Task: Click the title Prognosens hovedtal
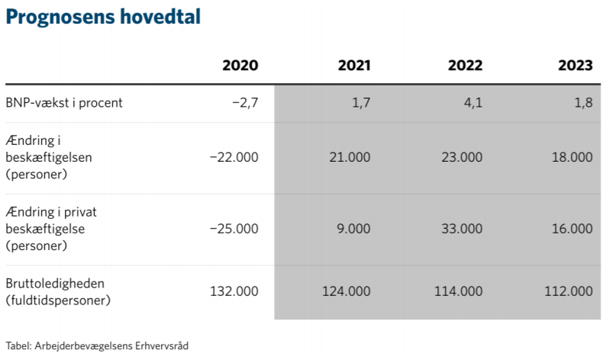[x=103, y=17]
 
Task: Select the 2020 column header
[x=240, y=66]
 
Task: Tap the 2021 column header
[x=354, y=66]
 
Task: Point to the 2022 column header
[x=465, y=66]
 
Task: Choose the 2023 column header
[x=575, y=66]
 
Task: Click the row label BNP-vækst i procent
[x=63, y=102]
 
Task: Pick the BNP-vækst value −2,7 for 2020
[x=245, y=102]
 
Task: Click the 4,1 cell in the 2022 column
[x=473, y=102]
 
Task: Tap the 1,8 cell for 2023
[x=583, y=102]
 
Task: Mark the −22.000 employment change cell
[x=234, y=157]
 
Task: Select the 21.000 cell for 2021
[x=350, y=157]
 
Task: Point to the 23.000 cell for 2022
[x=462, y=157]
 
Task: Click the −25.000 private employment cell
[x=234, y=229]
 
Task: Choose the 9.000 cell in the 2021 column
[x=353, y=229]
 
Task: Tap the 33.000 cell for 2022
[x=462, y=229]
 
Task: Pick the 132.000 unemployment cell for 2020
[x=234, y=291]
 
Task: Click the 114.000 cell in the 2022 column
[x=459, y=291]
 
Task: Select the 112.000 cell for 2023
[x=569, y=291]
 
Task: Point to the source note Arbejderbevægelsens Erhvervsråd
[x=111, y=346]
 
